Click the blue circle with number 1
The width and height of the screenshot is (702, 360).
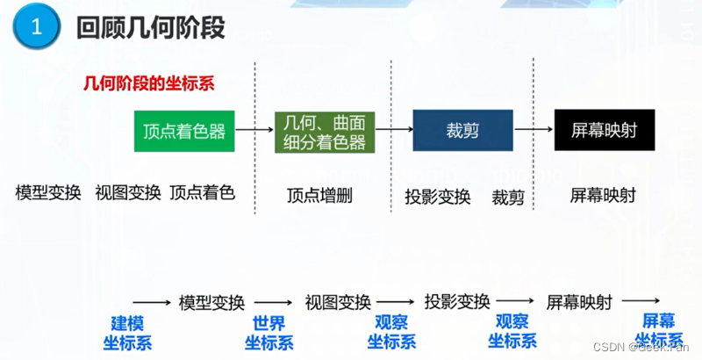click(x=35, y=28)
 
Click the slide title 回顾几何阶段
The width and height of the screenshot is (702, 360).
click(x=151, y=28)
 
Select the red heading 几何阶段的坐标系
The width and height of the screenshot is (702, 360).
click(x=148, y=84)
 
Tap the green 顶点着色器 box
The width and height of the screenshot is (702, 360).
click(x=184, y=132)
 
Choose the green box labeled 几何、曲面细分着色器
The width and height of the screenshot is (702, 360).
click(x=319, y=132)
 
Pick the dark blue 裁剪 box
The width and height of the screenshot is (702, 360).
click(x=462, y=132)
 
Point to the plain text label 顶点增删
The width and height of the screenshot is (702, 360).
click(x=319, y=196)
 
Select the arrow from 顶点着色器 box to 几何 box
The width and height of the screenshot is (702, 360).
click(x=254, y=131)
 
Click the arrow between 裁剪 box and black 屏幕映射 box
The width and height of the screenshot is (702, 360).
click(x=534, y=131)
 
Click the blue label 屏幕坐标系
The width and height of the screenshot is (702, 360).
click(x=659, y=331)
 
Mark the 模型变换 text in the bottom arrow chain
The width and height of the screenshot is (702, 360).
click(x=211, y=303)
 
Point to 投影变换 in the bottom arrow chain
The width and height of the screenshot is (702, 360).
click(x=456, y=302)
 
